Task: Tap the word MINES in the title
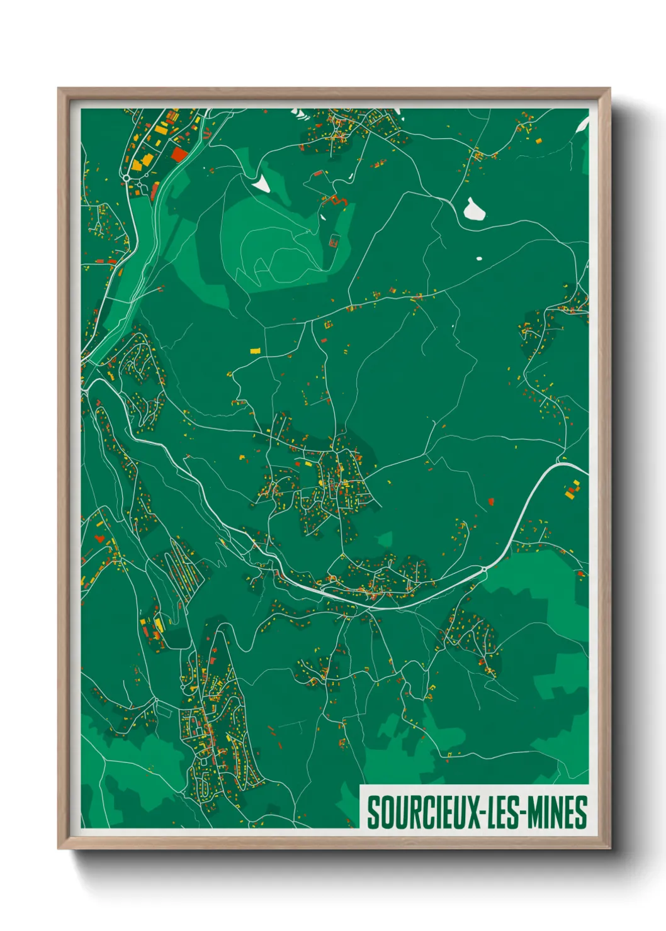pos(557,812)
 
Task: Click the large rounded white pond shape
pos(474,209)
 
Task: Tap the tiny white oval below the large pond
pos(478,258)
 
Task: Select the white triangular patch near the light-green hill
pos(260,184)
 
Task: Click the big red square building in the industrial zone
pos(179,154)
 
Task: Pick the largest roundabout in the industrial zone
pos(127,179)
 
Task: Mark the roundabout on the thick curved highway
pos(484,569)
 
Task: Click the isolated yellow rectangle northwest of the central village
pos(255,351)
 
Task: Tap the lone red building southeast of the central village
pos(491,501)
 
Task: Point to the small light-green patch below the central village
pos(385,539)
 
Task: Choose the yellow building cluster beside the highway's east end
pos(572,490)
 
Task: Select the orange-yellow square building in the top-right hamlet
pos(538,141)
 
